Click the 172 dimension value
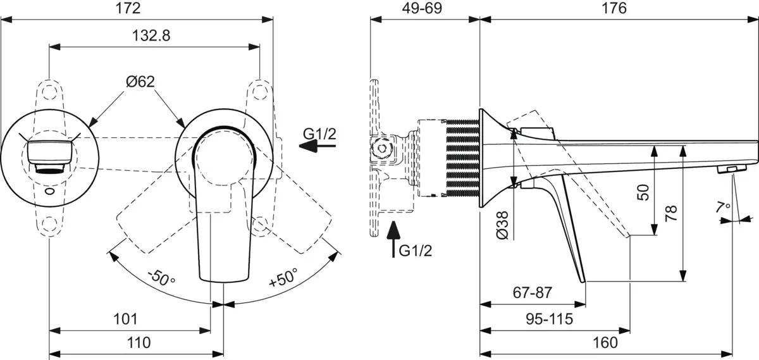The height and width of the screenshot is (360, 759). pyautogui.click(x=128, y=8)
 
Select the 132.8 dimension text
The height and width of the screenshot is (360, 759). pyautogui.click(x=151, y=35)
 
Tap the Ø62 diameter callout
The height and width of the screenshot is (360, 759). pyautogui.click(x=140, y=82)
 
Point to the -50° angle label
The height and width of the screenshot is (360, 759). pyautogui.click(x=161, y=277)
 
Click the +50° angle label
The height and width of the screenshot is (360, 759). pyautogui.click(x=284, y=277)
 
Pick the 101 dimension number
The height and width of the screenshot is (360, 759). pyautogui.click(x=125, y=319)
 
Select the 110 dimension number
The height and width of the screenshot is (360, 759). pyautogui.click(x=139, y=343)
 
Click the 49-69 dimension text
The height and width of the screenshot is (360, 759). pyautogui.click(x=423, y=8)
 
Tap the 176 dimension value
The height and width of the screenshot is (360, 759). pyautogui.click(x=614, y=8)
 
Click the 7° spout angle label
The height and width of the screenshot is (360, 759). pyautogui.click(x=724, y=206)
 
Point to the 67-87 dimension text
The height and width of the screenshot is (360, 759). pyautogui.click(x=533, y=292)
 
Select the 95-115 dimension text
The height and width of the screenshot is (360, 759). pyautogui.click(x=549, y=319)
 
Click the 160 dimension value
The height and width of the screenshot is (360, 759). pyautogui.click(x=605, y=343)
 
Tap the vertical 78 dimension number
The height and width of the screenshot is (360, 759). pyautogui.click(x=671, y=213)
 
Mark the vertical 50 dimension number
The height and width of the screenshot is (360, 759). pyautogui.click(x=643, y=192)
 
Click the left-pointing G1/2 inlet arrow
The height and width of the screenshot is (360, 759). pyautogui.click(x=317, y=146)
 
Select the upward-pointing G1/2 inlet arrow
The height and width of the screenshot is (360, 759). pyautogui.click(x=393, y=239)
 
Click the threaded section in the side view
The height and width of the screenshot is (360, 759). pyautogui.click(x=462, y=158)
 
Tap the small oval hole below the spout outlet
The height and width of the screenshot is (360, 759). pyautogui.click(x=50, y=192)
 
